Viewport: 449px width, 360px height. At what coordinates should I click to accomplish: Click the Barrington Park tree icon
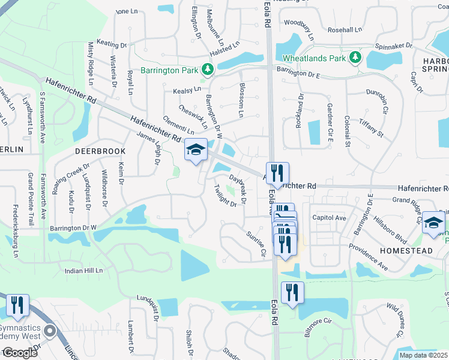[208, 70]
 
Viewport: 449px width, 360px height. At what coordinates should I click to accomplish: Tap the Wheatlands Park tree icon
[355, 58]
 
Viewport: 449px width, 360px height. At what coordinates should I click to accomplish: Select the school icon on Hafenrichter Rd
[195, 150]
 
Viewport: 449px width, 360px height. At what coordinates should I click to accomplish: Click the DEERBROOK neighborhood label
[100, 151]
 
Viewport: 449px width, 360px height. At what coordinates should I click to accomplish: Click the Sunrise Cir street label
[255, 243]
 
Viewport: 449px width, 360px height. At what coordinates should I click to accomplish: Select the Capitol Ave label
[329, 218]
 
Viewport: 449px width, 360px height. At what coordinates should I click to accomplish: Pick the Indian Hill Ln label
[84, 271]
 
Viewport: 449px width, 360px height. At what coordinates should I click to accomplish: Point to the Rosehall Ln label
[345, 29]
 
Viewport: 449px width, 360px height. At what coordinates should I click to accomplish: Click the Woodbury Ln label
[300, 27]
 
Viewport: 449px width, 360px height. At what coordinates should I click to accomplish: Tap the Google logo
[19, 353]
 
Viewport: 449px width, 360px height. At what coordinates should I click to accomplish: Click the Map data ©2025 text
[424, 355]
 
